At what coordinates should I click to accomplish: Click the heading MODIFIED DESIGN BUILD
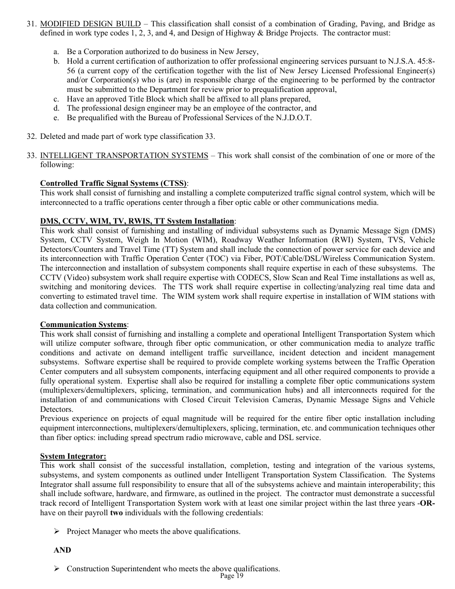point(91,23)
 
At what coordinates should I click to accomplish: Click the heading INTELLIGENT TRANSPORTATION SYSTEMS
point(124,155)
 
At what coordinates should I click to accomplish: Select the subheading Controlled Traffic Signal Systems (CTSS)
point(114,183)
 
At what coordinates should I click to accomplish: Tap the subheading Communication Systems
point(83,325)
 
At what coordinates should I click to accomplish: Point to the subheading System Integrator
point(73,456)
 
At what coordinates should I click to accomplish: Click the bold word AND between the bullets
point(62,550)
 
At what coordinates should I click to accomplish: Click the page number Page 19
point(232,576)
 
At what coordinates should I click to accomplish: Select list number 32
point(31,136)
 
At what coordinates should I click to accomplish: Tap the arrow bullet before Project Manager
point(57,532)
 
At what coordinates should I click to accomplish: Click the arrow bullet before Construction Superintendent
point(57,569)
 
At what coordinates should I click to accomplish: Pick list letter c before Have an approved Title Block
point(56,99)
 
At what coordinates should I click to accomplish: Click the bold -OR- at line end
point(426,503)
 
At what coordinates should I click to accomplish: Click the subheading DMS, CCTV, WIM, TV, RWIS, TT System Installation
point(137,221)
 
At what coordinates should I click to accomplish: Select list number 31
point(31,23)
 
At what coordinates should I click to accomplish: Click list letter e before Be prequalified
point(56,118)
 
